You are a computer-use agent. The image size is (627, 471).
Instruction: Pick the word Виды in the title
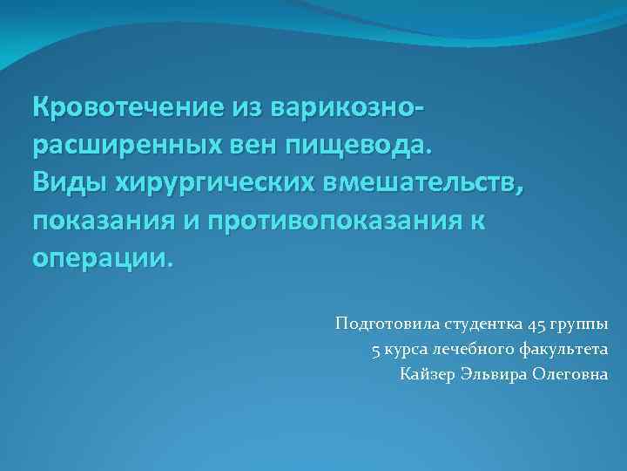coord(68,183)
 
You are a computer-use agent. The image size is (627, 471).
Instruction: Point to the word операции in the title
coord(103,258)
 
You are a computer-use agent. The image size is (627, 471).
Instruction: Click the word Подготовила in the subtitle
coord(377,325)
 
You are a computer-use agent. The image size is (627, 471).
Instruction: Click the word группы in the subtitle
coord(583,325)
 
